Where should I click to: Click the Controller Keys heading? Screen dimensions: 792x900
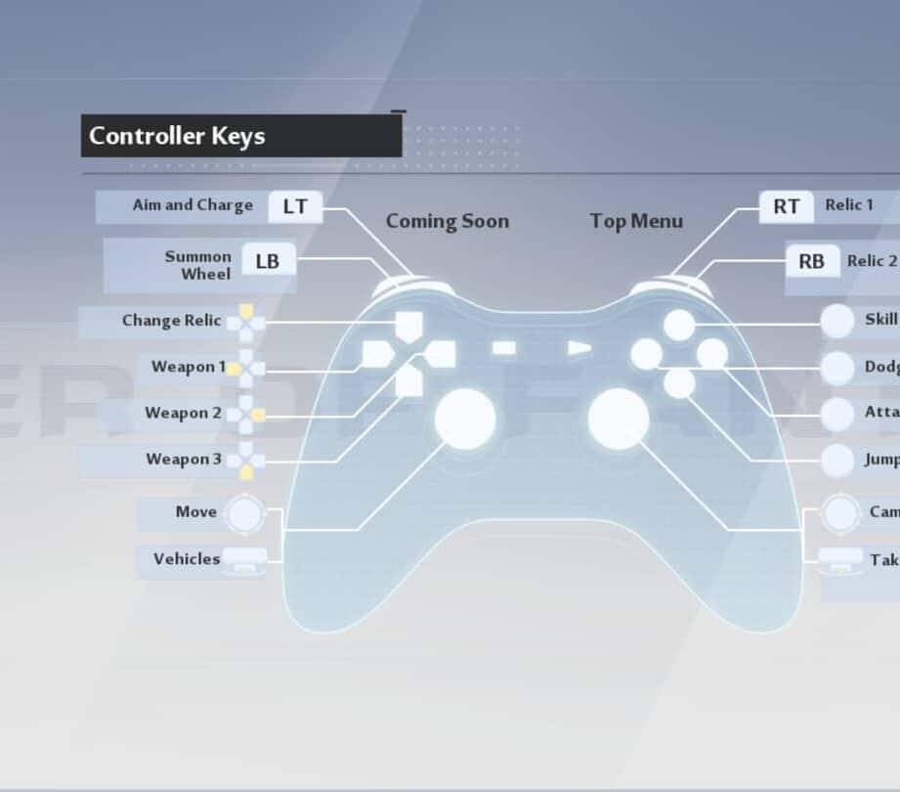pos(177,136)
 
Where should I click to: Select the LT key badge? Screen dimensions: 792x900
pos(295,206)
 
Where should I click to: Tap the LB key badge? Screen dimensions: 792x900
pos(268,261)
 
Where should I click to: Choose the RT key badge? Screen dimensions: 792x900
pos(786,206)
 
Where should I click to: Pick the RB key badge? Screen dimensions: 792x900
pos(811,261)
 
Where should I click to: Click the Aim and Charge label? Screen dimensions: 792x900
pos(193,205)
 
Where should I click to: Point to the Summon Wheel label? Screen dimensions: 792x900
pos(198,265)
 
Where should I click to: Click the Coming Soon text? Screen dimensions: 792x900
pos(448,221)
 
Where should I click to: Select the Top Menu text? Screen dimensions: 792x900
pos(636,221)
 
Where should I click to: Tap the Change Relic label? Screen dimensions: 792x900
pos(171,321)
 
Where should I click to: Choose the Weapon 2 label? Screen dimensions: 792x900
pos(183,413)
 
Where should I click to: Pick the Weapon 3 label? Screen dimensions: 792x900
pos(184,459)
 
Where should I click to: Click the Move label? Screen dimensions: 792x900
pos(196,511)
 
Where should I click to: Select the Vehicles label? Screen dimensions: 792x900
pos(187,559)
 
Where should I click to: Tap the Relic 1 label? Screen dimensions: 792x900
pos(849,204)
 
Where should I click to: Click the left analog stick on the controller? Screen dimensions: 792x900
pos(465,418)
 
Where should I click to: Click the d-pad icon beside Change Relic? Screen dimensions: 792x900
pos(246,322)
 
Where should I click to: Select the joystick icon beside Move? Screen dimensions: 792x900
pos(243,513)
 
